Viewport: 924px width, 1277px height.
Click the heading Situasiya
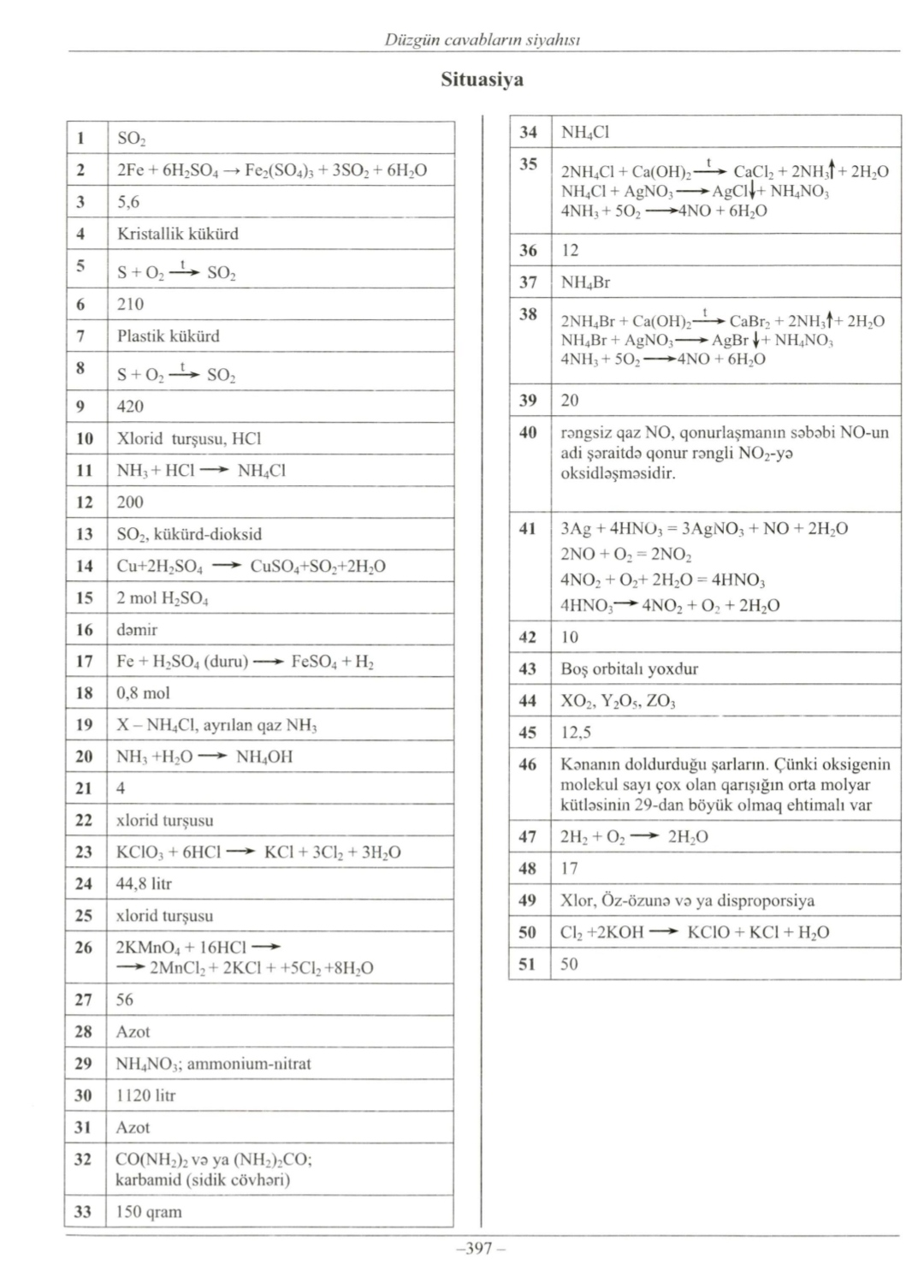(x=482, y=80)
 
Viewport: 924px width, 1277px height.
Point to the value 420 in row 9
(x=130, y=407)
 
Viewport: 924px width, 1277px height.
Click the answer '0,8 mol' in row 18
(x=143, y=693)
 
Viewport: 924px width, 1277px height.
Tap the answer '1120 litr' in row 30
(x=145, y=1096)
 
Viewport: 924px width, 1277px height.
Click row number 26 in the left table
(x=84, y=947)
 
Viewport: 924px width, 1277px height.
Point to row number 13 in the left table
(x=84, y=534)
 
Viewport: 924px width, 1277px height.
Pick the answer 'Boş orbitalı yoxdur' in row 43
(x=629, y=669)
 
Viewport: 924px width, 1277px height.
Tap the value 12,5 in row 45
(x=575, y=733)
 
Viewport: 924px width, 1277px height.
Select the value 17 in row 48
(x=569, y=869)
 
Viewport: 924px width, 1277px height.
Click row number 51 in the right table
(x=528, y=965)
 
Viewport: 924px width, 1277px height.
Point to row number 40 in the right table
(x=528, y=432)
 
